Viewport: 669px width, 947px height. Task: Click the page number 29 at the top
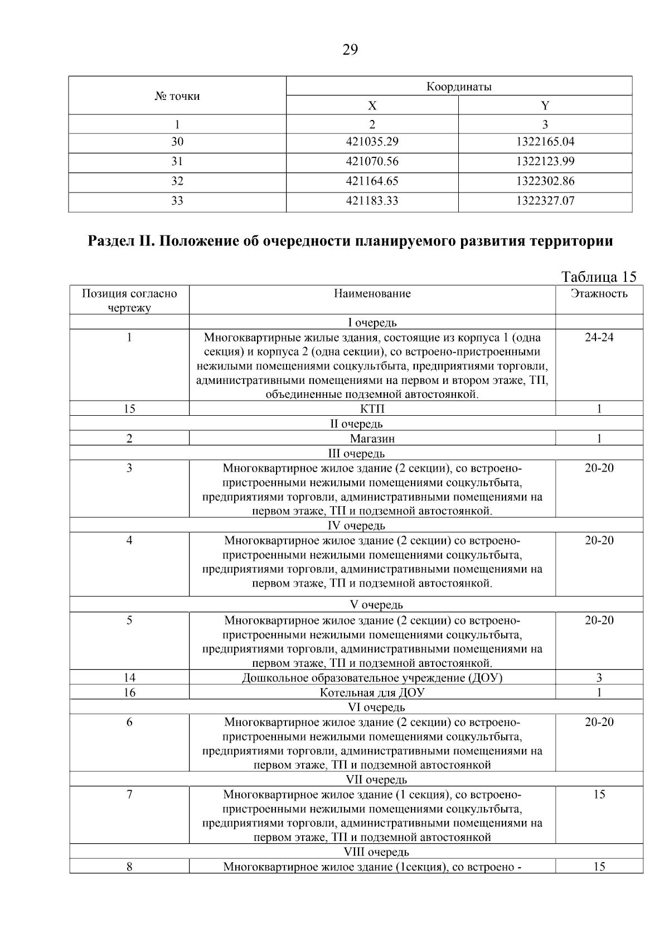tap(350, 50)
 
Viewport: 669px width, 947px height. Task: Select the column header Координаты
tap(459, 86)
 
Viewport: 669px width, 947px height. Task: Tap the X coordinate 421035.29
tap(372, 142)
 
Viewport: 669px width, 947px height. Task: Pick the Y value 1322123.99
tap(545, 162)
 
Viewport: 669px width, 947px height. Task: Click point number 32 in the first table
tap(177, 181)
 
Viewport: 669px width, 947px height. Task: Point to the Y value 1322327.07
tap(545, 201)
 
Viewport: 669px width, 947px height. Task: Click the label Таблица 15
tap(599, 277)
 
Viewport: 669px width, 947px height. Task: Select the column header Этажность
tap(599, 294)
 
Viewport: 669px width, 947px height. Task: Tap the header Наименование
tap(372, 294)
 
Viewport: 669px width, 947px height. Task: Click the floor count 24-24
tap(599, 338)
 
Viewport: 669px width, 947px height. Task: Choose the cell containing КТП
tap(372, 409)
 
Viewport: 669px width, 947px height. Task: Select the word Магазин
tap(372, 439)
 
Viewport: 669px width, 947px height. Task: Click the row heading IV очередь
tap(356, 526)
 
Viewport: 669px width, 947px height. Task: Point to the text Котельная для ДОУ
tap(372, 693)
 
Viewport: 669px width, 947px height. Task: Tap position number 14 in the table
tap(129, 678)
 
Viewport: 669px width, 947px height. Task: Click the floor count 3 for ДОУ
tap(599, 678)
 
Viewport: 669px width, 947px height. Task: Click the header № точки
tap(177, 97)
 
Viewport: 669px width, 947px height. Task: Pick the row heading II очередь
tap(356, 424)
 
